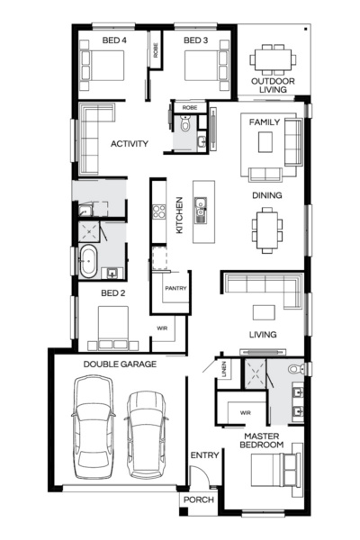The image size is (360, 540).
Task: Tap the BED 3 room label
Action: pos(196,40)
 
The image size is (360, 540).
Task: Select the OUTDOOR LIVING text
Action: pos(272,85)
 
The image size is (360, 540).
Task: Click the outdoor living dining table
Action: pos(272,59)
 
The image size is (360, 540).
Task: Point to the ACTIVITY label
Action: pos(129,143)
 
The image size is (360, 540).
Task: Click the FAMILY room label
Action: pos(265,121)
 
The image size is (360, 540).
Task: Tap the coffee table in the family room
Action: pos(265,142)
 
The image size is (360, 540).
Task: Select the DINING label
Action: pos(267,195)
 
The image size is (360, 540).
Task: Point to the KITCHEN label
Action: pos(180,215)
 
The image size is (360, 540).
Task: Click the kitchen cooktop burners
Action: pos(159,212)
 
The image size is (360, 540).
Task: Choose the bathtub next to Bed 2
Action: pos(89,262)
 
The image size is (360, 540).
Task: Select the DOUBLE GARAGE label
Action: pos(120,364)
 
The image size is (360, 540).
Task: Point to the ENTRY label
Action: pos(204,456)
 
